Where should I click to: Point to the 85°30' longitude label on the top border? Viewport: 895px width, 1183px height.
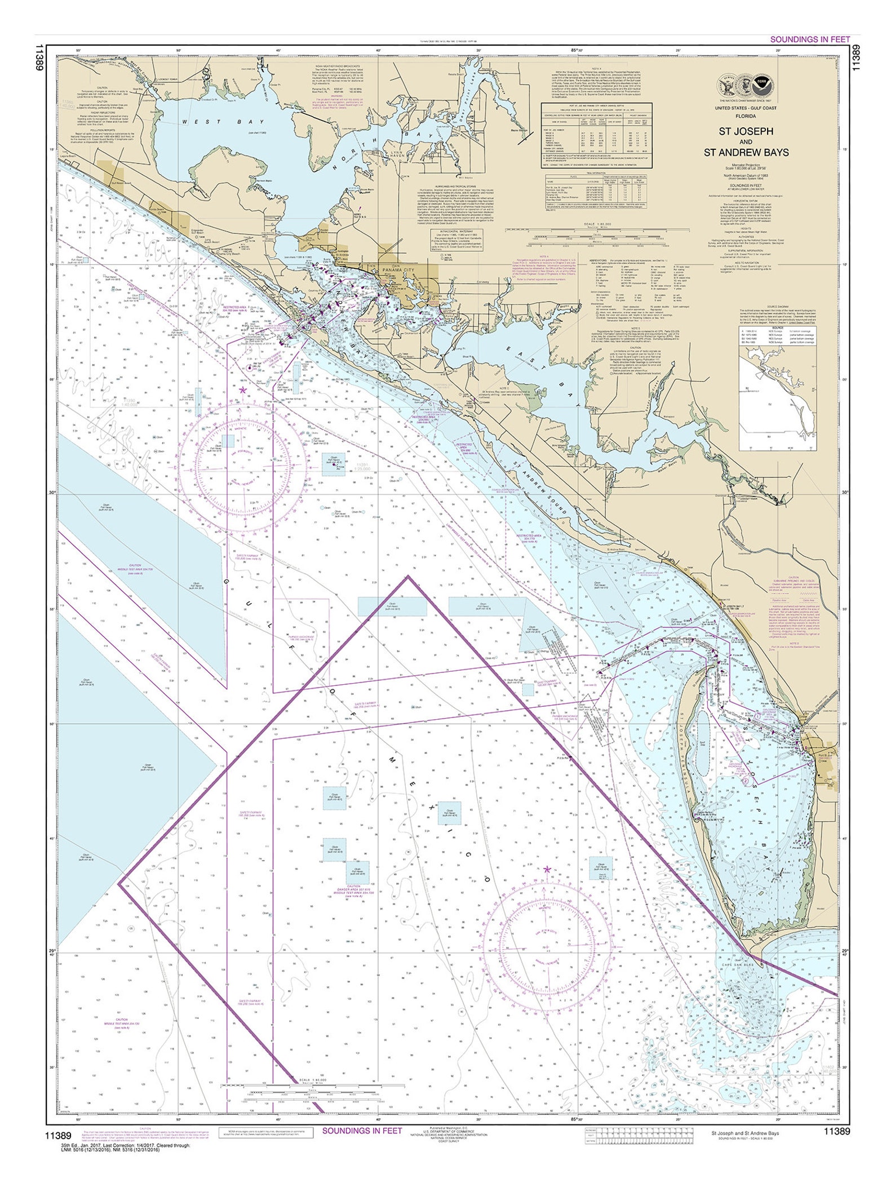coord(577,51)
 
